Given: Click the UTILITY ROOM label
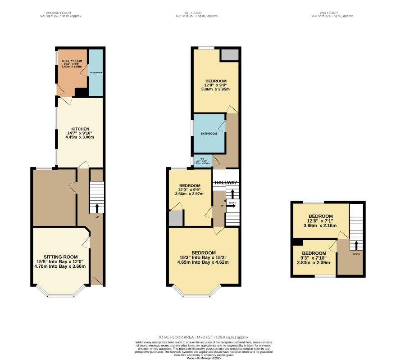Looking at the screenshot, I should coord(71,60).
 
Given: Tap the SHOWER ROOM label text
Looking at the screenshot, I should coord(96,72).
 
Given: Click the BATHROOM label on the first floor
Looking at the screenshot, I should coord(209,134).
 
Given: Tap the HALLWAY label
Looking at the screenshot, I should coord(226,182).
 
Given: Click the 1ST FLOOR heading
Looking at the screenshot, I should coord(197,13).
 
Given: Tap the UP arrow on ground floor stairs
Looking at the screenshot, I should coord(97,208).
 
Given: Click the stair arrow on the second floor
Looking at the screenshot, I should coord(356,245).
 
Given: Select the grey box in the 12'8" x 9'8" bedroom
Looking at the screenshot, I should coord(229,54).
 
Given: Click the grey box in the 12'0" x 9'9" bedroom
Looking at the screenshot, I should coord(176,218).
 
